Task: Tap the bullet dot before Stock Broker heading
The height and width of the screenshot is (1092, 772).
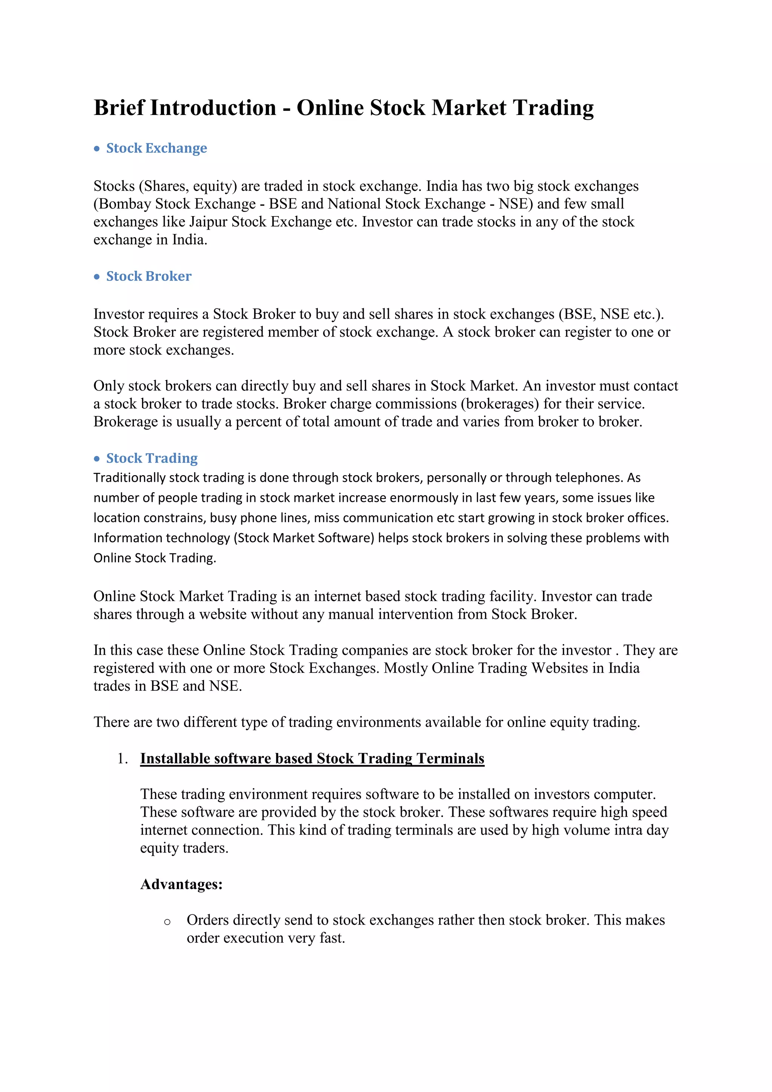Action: pos(97,276)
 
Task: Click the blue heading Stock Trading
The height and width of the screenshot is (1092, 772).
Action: pos(152,458)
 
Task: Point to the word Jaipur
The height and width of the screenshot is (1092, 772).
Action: pos(208,222)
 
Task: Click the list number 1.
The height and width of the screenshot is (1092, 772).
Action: pos(122,759)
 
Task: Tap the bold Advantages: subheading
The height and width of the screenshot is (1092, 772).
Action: pos(181,884)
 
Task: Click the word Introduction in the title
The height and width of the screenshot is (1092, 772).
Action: pos(213,107)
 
